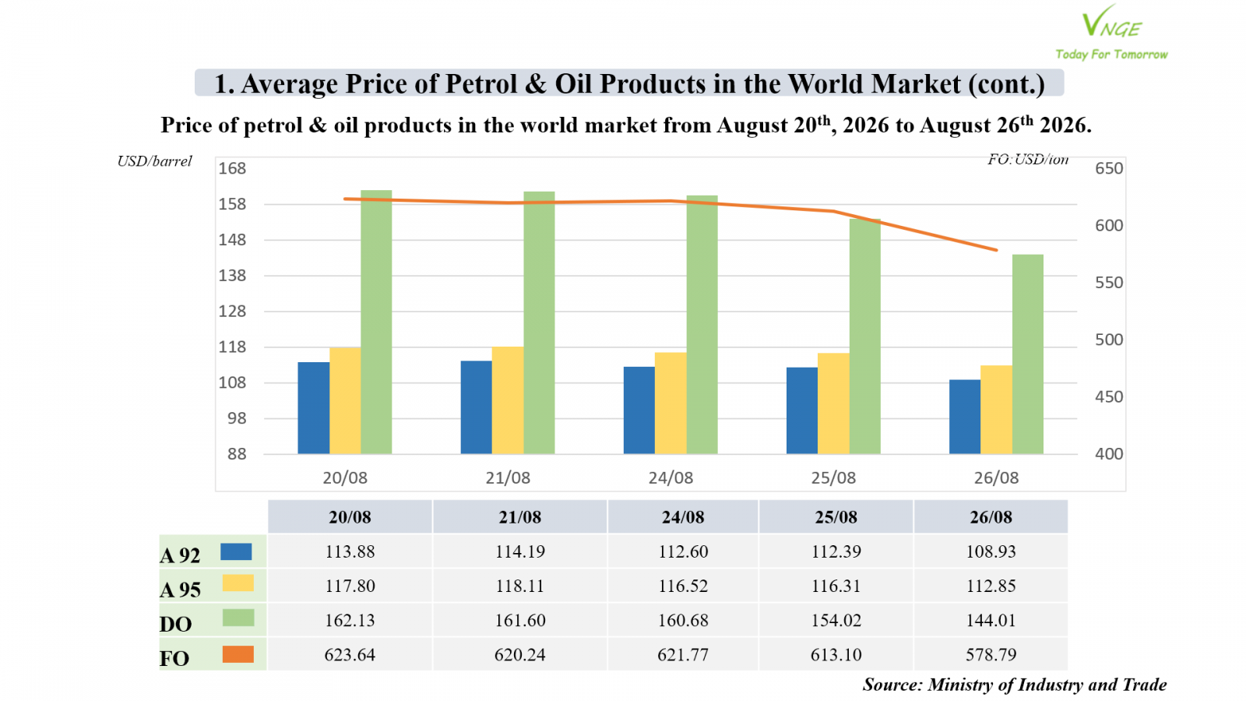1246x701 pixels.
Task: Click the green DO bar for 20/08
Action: pyautogui.click(x=376, y=322)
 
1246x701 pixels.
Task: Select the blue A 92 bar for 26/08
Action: pyautogui.click(x=965, y=417)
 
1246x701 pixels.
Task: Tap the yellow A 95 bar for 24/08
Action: pyautogui.click(x=671, y=403)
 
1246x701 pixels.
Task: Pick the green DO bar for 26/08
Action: pyautogui.click(x=1027, y=354)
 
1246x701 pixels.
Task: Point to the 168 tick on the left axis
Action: pyautogui.click(x=232, y=168)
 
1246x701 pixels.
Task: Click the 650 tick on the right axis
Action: pyautogui.click(x=1109, y=168)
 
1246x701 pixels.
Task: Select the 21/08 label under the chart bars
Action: pyautogui.click(x=508, y=478)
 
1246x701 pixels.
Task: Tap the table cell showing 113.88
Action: pyautogui.click(x=350, y=551)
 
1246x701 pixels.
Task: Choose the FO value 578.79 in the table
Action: pyautogui.click(x=991, y=654)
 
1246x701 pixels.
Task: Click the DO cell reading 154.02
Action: pyautogui.click(x=836, y=620)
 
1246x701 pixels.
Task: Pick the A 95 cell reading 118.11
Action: pyautogui.click(x=520, y=586)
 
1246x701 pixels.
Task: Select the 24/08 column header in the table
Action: pyautogui.click(x=682, y=517)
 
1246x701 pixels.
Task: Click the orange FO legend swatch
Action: pyautogui.click(x=238, y=654)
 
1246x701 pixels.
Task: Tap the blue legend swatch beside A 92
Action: pyautogui.click(x=236, y=552)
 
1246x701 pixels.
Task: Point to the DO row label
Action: pyautogui.click(x=176, y=624)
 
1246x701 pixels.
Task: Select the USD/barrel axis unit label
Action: pyautogui.click(x=155, y=161)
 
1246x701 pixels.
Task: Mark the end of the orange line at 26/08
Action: pyautogui.click(x=996, y=250)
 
